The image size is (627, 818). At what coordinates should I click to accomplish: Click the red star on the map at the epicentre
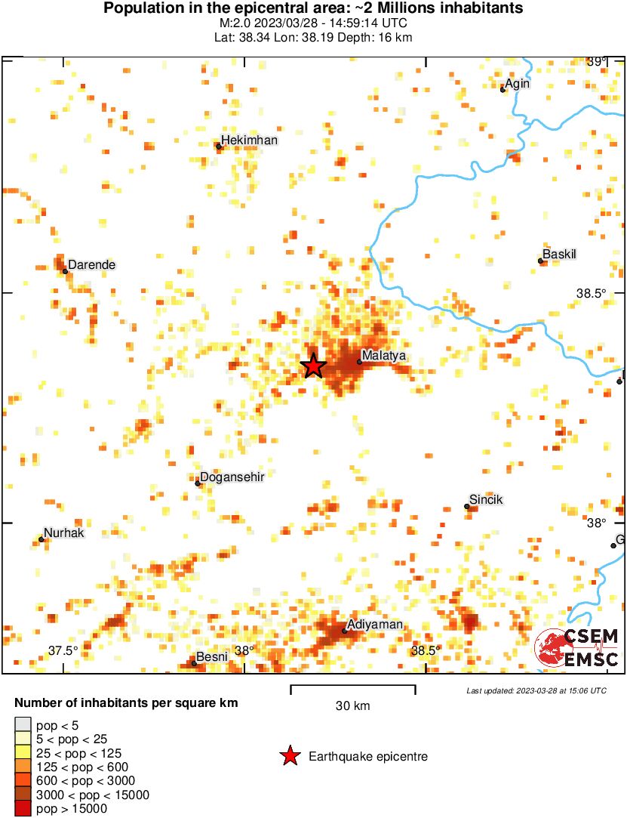(313, 366)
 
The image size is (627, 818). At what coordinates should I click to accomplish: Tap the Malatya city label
(384, 355)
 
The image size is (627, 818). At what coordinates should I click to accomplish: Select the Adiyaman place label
(374, 625)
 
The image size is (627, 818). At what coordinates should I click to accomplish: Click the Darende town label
(92, 265)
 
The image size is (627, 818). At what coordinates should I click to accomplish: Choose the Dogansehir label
(232, 477)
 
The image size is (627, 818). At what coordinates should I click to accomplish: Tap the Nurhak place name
(63, 532)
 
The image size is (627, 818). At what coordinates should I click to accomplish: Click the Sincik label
(486, 500)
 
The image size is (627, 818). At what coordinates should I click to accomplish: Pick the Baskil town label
(560, 255)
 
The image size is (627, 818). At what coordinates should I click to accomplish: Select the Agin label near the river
(518, 84)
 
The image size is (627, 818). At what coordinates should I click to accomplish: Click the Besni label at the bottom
(211, 656)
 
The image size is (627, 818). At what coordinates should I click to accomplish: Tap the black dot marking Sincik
(467, 507)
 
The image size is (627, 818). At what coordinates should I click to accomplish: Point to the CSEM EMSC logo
(577, 648)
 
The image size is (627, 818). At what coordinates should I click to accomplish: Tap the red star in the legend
(289, 756)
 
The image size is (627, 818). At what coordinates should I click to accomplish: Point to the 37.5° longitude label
(63, 651)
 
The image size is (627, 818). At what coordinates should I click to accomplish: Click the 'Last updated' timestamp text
(536, 690)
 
